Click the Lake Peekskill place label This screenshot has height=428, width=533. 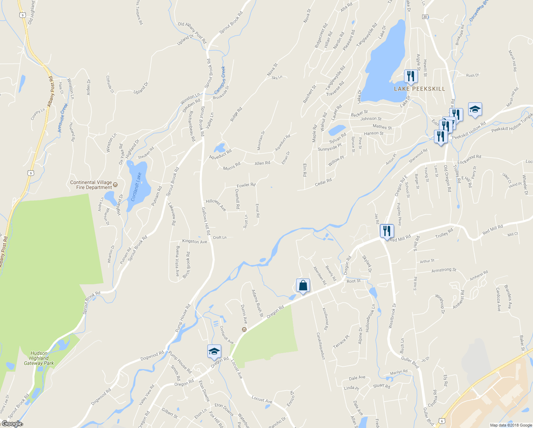[419, 89]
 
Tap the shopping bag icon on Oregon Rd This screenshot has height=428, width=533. [303, 286]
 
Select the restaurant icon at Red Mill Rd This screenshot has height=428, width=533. [387, 231]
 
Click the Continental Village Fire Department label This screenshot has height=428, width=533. [91, 185]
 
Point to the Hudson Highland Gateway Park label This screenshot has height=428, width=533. [39, 358]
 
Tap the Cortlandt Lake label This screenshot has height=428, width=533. [136, 187]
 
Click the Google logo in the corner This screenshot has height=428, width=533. [11, 424]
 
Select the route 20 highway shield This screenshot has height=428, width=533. [425, 17]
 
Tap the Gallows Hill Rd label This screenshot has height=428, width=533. [206, 221]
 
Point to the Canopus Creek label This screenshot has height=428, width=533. [221, 80]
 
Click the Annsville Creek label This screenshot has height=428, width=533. [63, 118]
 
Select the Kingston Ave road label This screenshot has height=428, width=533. [195, 241]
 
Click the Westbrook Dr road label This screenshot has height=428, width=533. [392, 316]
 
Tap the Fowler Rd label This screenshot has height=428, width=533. [246, 185]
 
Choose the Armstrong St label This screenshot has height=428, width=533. [444, 270]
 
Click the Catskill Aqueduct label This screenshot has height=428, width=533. [321, 346]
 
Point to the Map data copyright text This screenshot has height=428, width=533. [511, 425]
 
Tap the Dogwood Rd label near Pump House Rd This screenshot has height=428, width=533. [152, 356]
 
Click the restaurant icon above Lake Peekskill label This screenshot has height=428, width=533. [410, 76]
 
